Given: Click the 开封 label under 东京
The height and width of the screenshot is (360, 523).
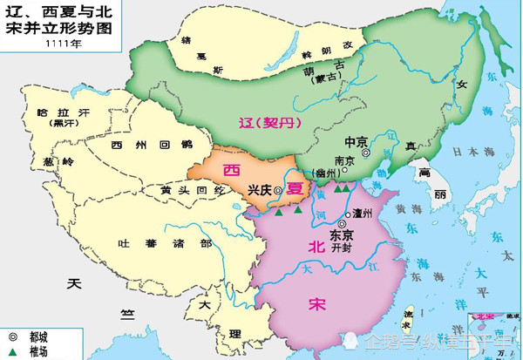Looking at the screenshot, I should coord(341,248).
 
